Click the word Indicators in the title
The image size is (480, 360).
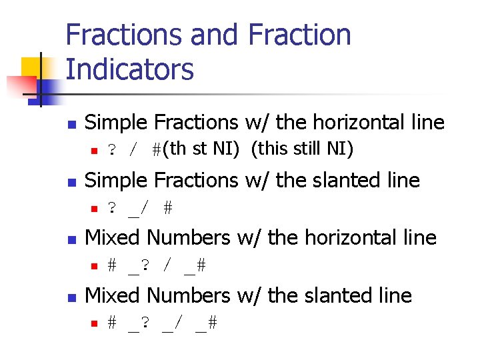[130, 69]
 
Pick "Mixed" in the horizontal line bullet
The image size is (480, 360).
[114, 237]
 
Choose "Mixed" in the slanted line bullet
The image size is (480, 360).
[114, 295]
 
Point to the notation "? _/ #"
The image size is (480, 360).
[140, 208]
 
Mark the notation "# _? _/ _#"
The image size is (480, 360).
[162, 324]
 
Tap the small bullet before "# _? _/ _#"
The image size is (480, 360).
[94, 324]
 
